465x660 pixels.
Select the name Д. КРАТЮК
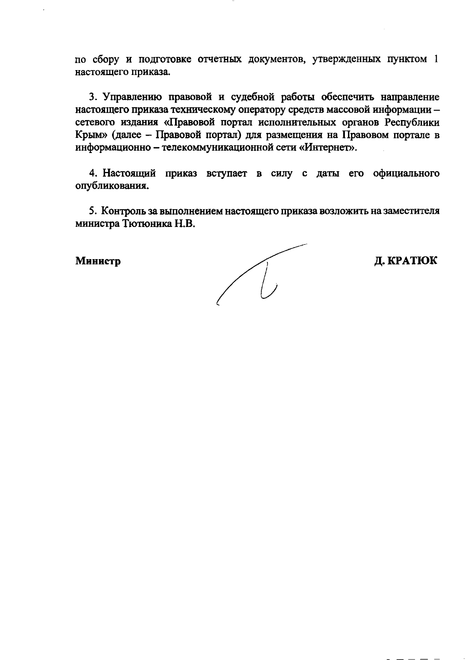click(x=405, y=261)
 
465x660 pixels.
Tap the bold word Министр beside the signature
click(x=98, y=261)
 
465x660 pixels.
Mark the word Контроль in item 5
click(x=124, y=211)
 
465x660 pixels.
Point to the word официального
click(x=406, y=174)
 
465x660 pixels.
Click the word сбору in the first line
click(x=104, y=60)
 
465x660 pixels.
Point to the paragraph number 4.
click(x=93, y=173)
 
